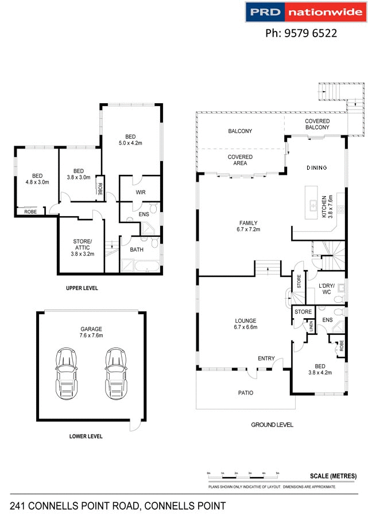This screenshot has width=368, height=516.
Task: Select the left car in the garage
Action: pos(67,373)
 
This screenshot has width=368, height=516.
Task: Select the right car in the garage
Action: pos(115,373)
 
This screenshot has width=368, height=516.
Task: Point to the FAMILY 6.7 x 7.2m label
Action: pos(249,226)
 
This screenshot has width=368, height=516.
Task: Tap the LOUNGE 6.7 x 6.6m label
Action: pos(246,324)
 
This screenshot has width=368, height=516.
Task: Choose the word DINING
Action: pos(316,168)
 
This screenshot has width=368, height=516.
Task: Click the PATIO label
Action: pos(246,393)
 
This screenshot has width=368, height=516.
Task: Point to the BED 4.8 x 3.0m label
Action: pos(37,179)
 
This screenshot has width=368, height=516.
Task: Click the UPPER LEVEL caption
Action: pos(82,288)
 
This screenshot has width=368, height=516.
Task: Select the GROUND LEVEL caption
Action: pos(272,425)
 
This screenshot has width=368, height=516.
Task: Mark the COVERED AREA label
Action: pos(241,160)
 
